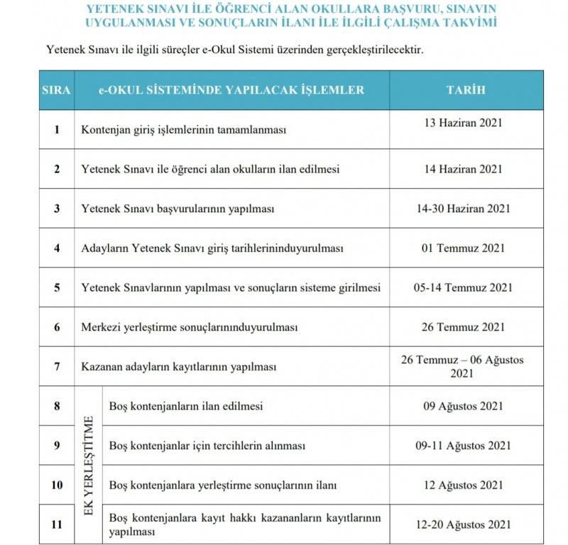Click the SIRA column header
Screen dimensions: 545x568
[x=56, y=90]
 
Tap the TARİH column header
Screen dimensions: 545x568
[x=466, y=90]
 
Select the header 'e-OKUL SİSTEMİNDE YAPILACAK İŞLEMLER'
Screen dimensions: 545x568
[x=231, y=90]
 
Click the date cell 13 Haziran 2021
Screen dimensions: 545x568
[x=466, y=122]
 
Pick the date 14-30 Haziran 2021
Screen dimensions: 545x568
[x=466, y=209]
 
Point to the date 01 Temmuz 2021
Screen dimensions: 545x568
[x=466, y=248]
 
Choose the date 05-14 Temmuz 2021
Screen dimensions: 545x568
[x=466, y=287]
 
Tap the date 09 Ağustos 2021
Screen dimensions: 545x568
[x=466, y=407]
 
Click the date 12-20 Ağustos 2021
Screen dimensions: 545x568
[x=466, y=524]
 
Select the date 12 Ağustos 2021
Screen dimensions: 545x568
[x=466, y=485]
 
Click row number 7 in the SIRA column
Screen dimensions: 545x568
[x=57, y=367]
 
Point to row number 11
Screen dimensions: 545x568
[x=57, y=524]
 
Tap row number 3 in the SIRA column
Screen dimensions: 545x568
[x=57, y=209]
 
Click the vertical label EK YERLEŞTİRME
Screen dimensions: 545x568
[x=89, y=466]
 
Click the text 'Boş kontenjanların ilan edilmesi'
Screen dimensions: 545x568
[x=186, y=407]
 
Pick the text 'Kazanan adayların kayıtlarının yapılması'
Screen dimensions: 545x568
[x=178, y=368]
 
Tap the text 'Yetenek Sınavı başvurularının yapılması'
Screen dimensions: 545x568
[x=177, y=209]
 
